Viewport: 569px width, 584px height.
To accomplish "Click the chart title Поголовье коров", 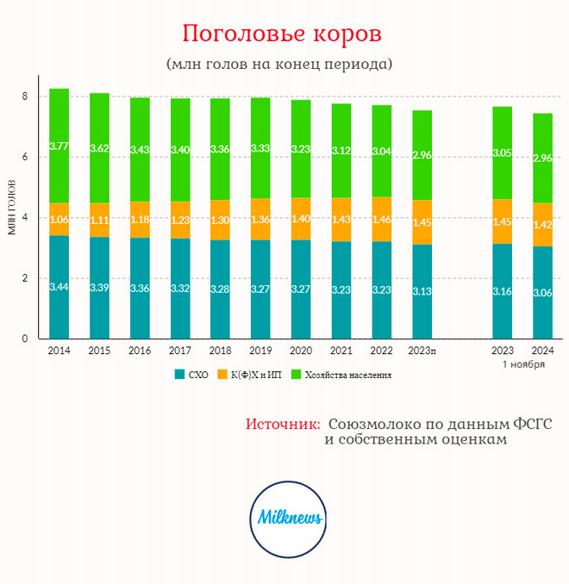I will point(282,34).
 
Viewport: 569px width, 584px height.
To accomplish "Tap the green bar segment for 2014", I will point(59,146).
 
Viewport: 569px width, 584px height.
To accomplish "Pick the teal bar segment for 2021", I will point(341,289).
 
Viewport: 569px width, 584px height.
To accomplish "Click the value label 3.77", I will point(59,146).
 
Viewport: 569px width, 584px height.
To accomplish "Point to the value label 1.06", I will point(59,220).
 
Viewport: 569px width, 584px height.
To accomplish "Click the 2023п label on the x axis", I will point(422,351).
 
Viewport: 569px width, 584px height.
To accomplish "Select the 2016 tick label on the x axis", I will point(140,351).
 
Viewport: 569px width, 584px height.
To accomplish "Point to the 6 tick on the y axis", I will point(26,157).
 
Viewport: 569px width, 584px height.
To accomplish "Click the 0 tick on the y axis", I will point(26,339).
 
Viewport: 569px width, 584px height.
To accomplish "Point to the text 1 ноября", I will point(523,364).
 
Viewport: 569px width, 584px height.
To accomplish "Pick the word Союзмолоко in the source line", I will point(369,425).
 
